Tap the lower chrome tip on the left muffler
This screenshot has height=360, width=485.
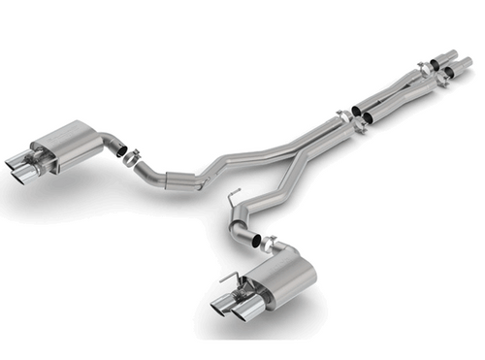click(21, 176)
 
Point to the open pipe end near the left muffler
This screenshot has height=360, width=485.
click(118, 148)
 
